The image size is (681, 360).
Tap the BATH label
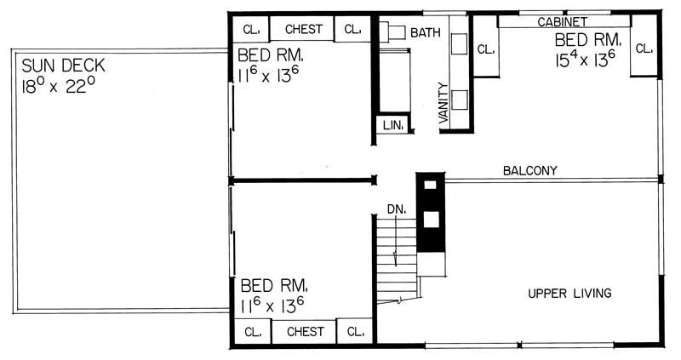(426, 33)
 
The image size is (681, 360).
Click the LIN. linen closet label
(392, 125)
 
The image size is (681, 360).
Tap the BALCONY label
(529, 170)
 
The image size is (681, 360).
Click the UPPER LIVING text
(569, 294)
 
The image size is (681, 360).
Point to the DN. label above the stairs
(396, 208)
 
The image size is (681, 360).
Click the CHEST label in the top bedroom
(304, 29)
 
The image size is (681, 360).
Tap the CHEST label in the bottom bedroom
(305, 331)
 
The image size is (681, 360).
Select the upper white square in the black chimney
(430, 184)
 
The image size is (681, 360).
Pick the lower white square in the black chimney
(431, 219)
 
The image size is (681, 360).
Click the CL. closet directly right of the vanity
(486, 50)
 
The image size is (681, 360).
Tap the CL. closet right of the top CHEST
(352, 29)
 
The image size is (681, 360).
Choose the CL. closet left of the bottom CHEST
(252, 331)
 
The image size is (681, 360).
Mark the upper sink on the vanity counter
(460, 44)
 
